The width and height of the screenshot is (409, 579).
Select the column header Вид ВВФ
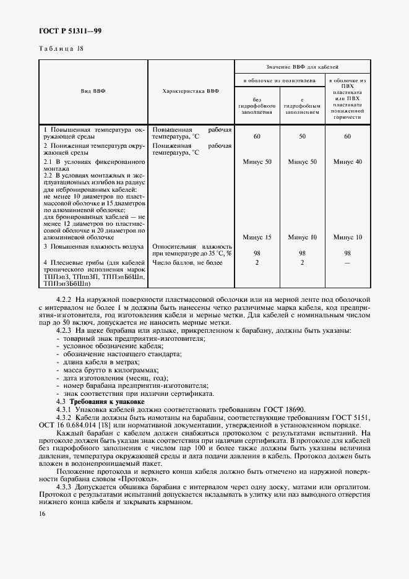click(93, 91)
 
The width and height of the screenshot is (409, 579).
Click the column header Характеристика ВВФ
click(191, 91)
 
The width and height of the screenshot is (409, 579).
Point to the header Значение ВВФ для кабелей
click(302, 66)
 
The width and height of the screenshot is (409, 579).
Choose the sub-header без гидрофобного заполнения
click(256, 106)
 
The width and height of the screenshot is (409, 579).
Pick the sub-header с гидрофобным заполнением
click(302, 106)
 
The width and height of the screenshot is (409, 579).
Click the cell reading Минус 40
click(347, 161)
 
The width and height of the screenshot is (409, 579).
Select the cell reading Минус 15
click(257, 237)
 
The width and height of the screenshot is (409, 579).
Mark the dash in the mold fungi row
click(347, 263)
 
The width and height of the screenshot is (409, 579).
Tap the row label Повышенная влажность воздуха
click(89, 246)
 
